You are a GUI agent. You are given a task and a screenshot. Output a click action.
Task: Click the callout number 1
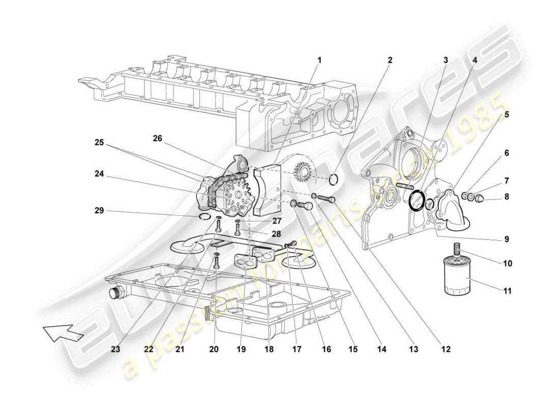320,60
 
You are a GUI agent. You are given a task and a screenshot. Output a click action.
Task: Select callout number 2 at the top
390,60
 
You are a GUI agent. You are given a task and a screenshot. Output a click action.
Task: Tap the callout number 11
507,292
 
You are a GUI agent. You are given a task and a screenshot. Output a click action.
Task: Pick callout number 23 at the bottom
116,350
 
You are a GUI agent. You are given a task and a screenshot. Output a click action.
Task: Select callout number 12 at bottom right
446,350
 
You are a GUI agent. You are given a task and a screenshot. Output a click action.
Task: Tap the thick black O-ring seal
417,200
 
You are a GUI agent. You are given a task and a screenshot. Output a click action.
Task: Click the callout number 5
507,115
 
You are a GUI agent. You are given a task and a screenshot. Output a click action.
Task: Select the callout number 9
507,238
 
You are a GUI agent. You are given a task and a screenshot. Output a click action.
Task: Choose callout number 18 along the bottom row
269,350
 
